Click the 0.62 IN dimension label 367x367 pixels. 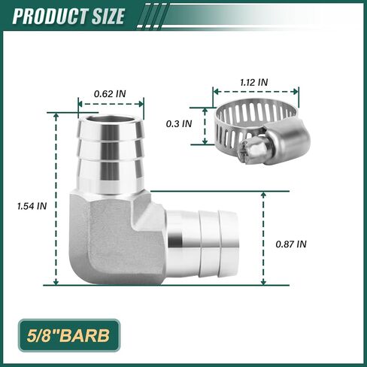(109, 94)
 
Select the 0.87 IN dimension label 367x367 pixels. (292, 244)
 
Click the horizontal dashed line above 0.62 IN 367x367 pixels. (109, 104)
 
